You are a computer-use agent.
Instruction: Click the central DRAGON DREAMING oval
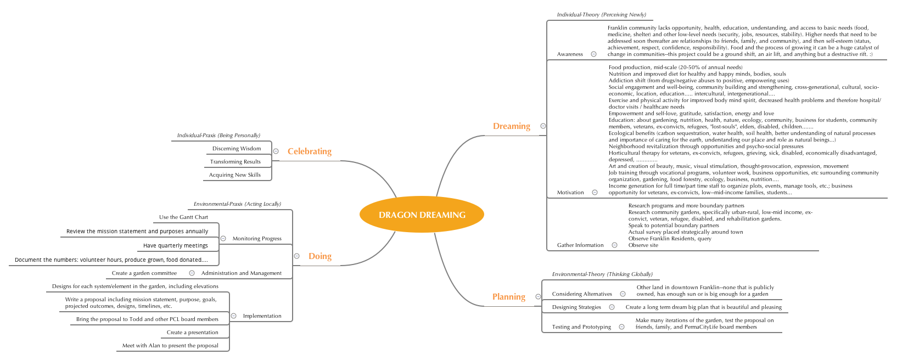coord(422,215)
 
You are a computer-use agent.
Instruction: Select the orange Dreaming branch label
coord(511,126)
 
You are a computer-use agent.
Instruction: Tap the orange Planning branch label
coord(508,297)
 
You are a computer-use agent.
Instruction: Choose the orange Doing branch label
coord(319,256)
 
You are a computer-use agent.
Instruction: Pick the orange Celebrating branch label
coord(309,151)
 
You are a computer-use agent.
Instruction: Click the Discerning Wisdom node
coord(237,149)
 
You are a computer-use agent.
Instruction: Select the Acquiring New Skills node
coord(234,175)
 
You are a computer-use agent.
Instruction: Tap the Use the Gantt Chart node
coord(183,217)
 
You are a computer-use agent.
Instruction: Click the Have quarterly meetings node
coord(175,246)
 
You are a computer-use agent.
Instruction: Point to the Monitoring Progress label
coord(257,239)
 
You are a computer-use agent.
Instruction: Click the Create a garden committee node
coord(144,273)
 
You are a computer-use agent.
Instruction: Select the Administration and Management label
coord(241,273)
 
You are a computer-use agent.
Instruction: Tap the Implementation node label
coord(262,316)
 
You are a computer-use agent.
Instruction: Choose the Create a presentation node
coord(192,333)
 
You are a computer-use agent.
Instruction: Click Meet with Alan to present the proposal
coord(170,346)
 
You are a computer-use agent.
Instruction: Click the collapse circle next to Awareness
coord(593,54)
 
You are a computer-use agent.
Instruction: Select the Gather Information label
coord(580,245)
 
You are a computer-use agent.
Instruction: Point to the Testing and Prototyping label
coord(581,327)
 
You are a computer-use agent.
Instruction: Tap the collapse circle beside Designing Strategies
coord(612,307)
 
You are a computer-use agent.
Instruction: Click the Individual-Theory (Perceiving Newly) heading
coord(601,15)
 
